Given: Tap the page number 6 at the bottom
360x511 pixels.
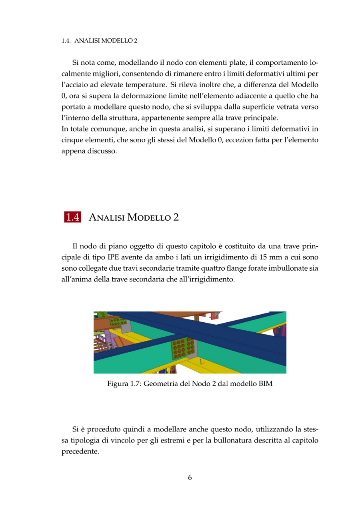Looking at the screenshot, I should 190,477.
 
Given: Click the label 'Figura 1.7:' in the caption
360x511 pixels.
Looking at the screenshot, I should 124,384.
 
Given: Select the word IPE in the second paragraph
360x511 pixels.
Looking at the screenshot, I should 115,257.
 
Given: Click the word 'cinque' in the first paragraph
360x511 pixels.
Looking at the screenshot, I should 72,140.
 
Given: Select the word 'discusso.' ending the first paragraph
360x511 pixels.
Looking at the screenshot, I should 104,151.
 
